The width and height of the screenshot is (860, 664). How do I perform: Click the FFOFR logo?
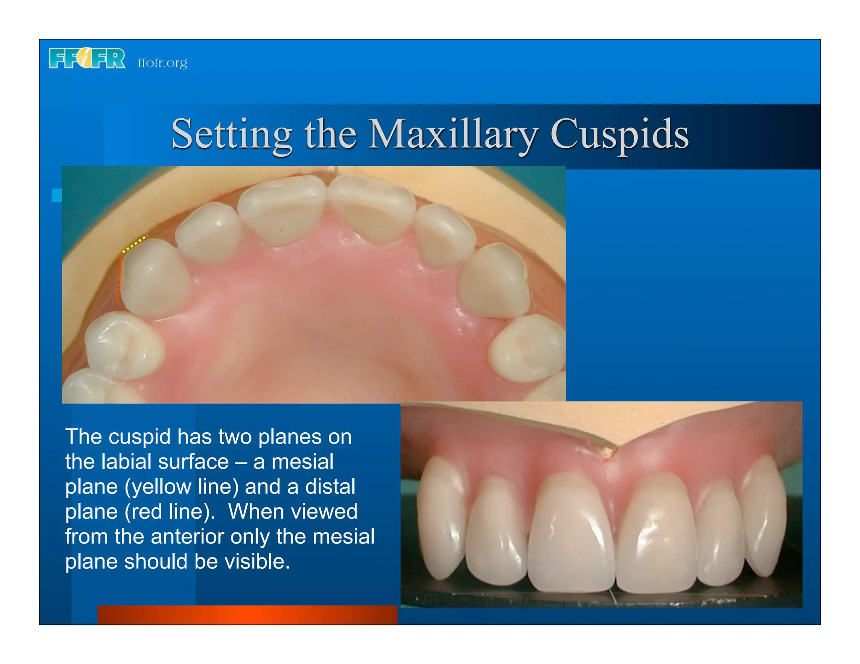(x=87, y=58)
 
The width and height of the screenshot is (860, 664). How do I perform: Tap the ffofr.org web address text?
(x=163, y=63)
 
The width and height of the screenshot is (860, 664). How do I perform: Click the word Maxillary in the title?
(x=453, y=134)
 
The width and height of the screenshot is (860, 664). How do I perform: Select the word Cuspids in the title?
(x=619, y=134)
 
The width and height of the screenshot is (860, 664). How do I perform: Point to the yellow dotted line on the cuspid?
(x=134, y=244)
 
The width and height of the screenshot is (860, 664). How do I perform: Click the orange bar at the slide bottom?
(x=247, y=614)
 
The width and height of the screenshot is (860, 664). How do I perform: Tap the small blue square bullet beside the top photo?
(x=57, y=195)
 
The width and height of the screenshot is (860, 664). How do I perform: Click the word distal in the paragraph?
(x=330, y=487)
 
